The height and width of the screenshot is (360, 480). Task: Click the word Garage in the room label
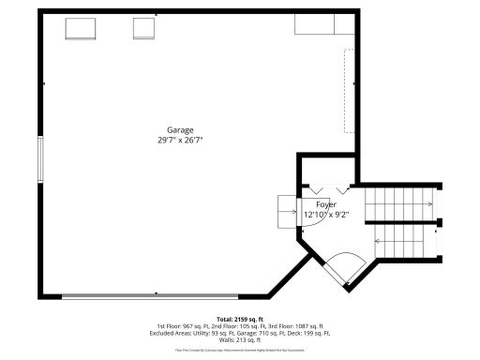point(180,129)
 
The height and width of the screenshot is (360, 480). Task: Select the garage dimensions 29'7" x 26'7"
point(180,140)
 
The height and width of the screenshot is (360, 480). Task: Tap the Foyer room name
point(326,203)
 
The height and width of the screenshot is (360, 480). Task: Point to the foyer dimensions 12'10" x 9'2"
point(326,214)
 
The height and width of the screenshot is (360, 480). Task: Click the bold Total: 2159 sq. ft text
point(240,319)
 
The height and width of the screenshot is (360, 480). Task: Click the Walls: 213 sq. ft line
point(240,339)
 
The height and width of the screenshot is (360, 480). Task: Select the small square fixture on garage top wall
point(143,29)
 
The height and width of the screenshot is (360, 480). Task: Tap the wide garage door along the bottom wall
point(155,296)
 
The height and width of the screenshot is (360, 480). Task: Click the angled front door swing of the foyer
point(340,266)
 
